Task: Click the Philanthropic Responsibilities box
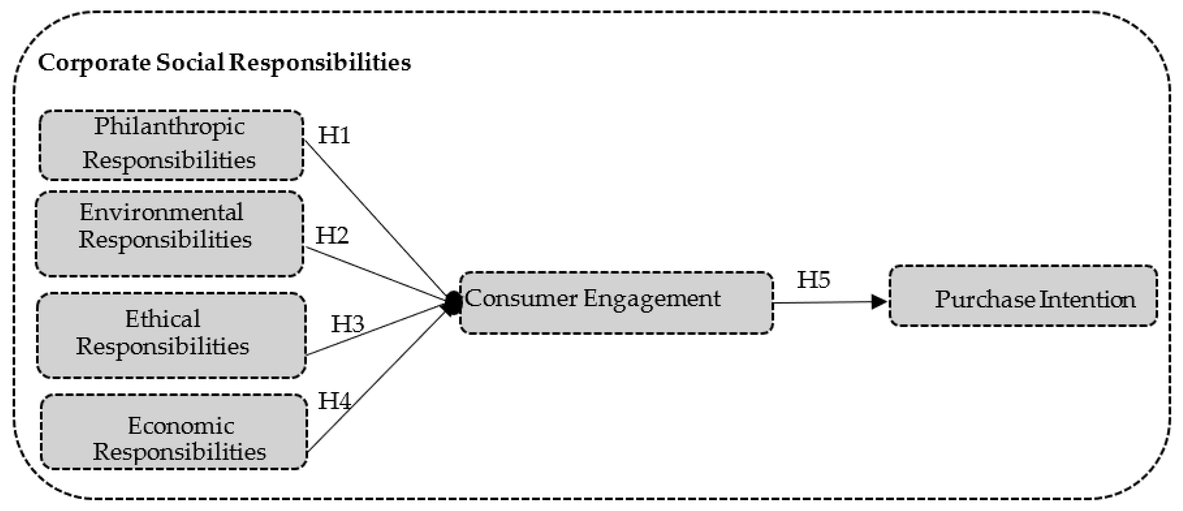[x=171, y=145]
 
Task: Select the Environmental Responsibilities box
[x=169, y=234]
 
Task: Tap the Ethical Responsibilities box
[x=171, y=336]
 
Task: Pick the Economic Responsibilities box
[x=174, y=432]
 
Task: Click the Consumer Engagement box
[x=616, y=303]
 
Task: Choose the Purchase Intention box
[x=1023, y=296]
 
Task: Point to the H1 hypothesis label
[x=334, y=135]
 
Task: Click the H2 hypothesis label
[x=331, y=236]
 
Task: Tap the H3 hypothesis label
[x=348, y=324]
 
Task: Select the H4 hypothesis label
[x=334, y=401]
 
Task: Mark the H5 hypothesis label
[x=813, y=280]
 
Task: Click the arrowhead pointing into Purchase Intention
[x=879, y=302]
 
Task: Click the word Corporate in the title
[x=94, y=62]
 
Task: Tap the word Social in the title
[x=190, y=62]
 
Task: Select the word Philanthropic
[x=169, y=127]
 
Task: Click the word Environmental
[x=161, y=213]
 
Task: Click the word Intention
[x=1087, y=300]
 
